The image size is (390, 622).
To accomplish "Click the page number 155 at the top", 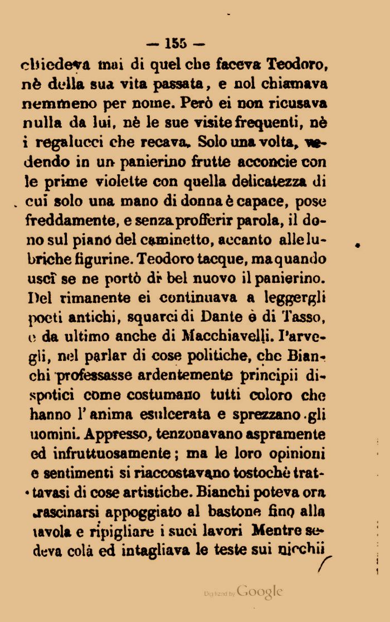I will point(175,43).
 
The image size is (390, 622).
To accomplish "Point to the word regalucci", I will point(79,143).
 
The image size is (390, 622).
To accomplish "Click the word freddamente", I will point(70,221).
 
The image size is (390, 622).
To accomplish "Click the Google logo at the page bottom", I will point(260,592).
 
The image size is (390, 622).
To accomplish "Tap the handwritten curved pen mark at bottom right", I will point(324,560).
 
